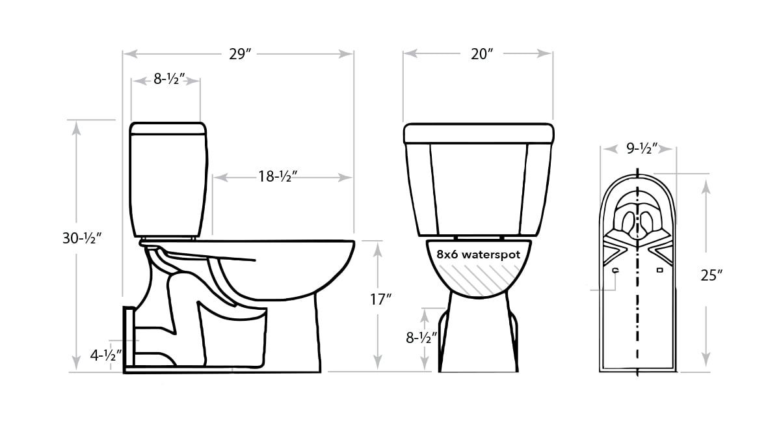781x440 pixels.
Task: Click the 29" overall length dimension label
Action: click(x=240, y=54)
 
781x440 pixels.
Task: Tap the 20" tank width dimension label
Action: click(x=482, y=54)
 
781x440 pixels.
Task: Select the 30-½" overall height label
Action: click(x=82, y=238)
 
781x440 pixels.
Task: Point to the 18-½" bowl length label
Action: click(x=278, y=176)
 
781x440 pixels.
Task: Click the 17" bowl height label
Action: click(x=380, y=299)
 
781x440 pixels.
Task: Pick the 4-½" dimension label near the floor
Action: click(x=106, y=355)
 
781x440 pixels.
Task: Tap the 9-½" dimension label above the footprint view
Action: click(x=642, y=148)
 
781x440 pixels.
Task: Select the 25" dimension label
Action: click(x=711, y=275)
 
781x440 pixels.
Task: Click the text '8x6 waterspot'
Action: click(x=479, y=254)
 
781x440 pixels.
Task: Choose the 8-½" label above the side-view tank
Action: click(x=169, y=79)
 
